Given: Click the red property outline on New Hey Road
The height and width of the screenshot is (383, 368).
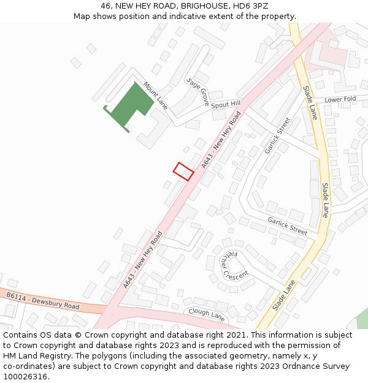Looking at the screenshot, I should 183,171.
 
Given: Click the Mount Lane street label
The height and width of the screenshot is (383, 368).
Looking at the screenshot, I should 155,95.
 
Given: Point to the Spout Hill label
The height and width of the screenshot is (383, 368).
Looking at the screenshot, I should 226,105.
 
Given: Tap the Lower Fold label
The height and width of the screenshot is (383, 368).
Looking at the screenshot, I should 340,99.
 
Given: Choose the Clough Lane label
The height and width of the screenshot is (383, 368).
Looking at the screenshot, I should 207,314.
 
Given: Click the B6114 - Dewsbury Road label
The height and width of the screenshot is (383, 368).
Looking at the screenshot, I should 43,301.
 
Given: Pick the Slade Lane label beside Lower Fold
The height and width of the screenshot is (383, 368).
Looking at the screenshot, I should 310,102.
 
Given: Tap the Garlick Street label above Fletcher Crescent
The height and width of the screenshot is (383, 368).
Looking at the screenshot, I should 287,226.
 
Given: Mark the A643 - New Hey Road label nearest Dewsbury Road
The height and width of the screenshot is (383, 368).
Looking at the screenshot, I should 142,259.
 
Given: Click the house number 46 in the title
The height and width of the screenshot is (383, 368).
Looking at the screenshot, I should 105,6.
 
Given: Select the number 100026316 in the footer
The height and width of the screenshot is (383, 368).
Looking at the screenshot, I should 26,377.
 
